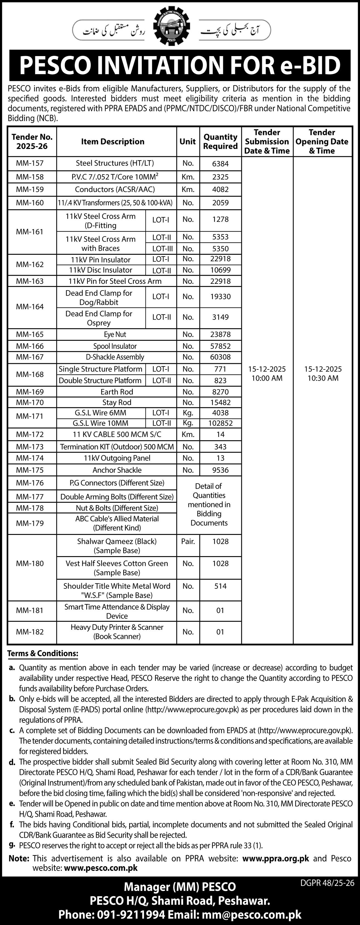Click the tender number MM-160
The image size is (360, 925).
30,203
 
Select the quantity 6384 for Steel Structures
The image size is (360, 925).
220,164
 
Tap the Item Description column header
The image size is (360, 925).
113,142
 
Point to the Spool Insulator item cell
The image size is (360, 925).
115,346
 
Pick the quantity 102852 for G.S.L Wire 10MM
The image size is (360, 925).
220,423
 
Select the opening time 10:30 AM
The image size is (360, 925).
323,378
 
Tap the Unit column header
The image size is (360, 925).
188,142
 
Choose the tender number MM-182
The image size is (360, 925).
30,632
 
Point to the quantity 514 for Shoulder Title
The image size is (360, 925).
220,586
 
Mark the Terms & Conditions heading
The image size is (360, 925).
43,653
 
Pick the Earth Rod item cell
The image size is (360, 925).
117,392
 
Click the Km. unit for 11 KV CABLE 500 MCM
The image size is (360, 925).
188,434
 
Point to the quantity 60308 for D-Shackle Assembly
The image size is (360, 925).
220,357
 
